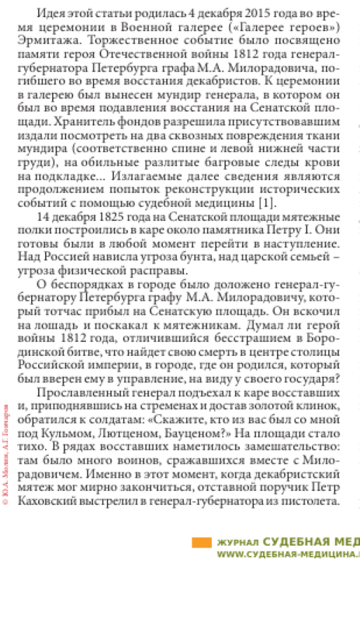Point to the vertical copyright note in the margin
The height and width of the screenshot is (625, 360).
6,454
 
